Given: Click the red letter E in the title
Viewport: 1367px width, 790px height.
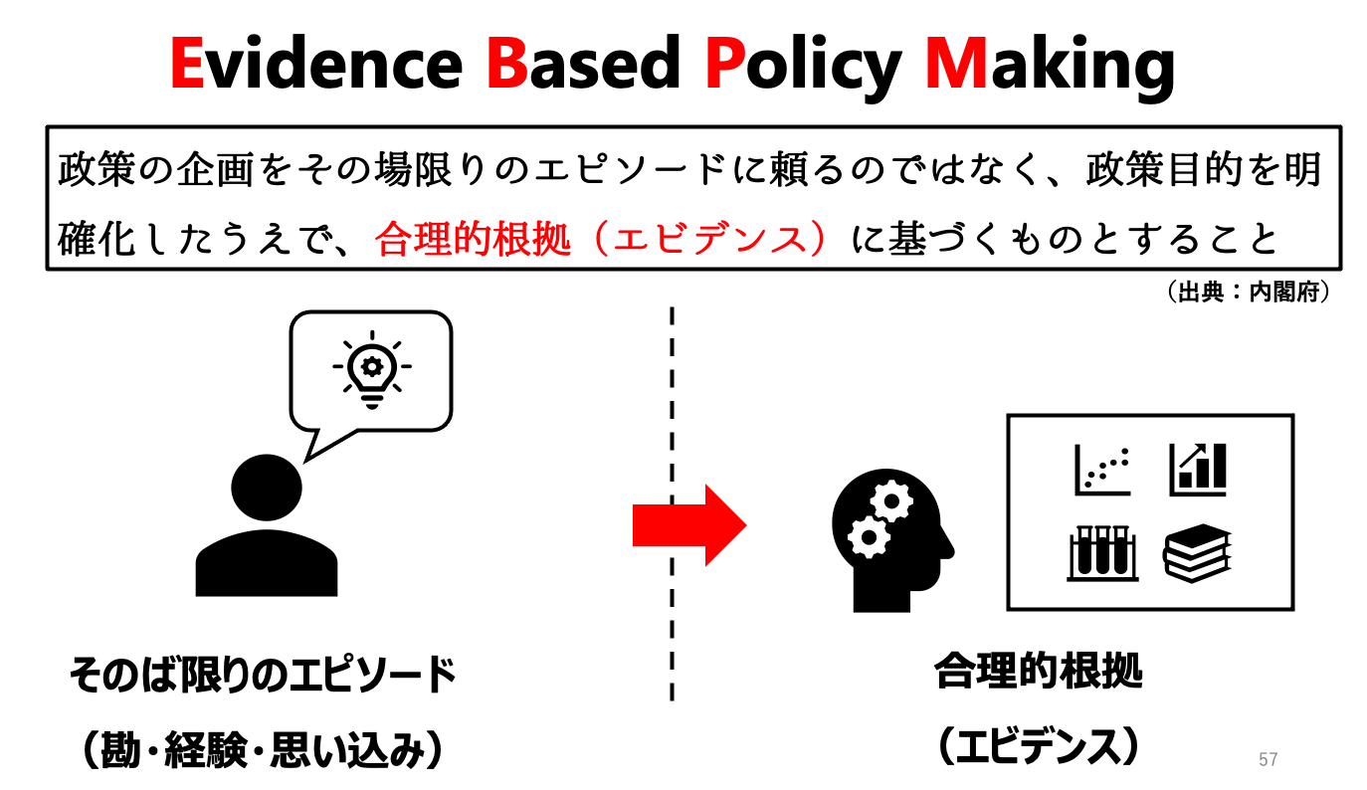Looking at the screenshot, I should [187, 63].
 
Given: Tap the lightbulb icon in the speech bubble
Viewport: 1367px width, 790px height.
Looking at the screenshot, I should [371, 370].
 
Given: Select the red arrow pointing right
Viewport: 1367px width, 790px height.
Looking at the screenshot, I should [688, 524].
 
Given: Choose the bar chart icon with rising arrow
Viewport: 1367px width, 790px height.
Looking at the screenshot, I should [1198, 469].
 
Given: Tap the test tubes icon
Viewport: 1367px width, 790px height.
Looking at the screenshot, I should [1101, 552].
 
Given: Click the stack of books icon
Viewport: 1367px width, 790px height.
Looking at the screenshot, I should [1198, 552].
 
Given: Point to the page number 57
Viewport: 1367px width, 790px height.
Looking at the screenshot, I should [1268, 759].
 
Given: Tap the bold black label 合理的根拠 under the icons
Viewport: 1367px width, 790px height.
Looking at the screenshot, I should [1038, 673].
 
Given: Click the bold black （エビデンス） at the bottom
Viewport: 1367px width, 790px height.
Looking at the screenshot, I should [1038, 746].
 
